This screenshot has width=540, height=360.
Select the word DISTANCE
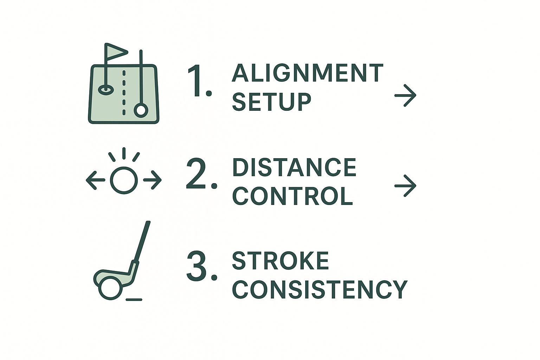pyautogui.click(x=294, y=167)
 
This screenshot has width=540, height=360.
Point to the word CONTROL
pyautogui.click(x=292, y=196)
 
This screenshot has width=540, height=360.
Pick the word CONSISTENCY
pyautogui.click(x=320, y=289)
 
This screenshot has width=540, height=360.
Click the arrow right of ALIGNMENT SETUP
pyautogui.click(x=405, y=96)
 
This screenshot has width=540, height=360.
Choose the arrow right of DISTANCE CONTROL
pyautogui.click(x=405, y=186)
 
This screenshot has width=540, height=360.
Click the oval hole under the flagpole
pyautogui.click(x=105, y=90)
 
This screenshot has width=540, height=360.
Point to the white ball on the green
pyautogui.click(x=141, y=110)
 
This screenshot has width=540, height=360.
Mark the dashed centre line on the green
pyautogui.click(x=124, y=92)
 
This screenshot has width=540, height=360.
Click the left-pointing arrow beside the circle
pyautogui.click(x=96, y=180)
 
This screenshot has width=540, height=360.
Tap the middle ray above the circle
pyautogui.click(x=124, y=153)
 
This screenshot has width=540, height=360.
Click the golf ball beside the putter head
pyautogui.click(x=111, y=289)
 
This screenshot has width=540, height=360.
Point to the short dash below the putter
pyautogui.click(x=134, y=300)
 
